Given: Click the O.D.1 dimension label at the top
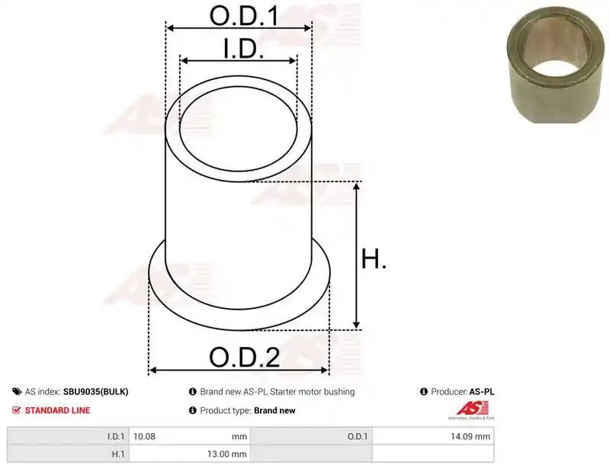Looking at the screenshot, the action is click(244, 16).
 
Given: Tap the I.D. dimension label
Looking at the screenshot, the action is click(244, 49).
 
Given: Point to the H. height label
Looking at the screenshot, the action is click(374, 259).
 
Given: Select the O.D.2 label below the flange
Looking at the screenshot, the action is click(245, 358).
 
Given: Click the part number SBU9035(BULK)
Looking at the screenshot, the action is click(96, 392).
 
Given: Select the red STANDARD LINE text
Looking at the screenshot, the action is click(58, 410).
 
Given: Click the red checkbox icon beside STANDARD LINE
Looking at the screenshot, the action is click(16, 410).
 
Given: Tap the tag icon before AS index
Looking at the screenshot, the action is click(17, 391).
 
